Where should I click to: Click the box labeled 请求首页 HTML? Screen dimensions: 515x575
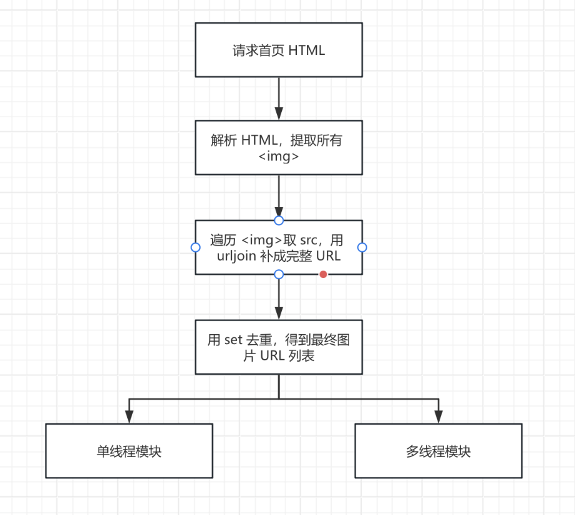279,50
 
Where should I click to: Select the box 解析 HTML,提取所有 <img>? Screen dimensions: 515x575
279,148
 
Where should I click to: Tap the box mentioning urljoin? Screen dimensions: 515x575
279,248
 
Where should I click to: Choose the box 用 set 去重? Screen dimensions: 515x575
279,347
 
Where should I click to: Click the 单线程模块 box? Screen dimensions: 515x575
129,451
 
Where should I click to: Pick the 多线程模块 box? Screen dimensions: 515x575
438,451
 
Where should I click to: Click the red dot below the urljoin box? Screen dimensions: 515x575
323,274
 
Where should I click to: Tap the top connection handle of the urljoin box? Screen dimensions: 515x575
279,220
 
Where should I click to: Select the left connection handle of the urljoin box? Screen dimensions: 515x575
195,248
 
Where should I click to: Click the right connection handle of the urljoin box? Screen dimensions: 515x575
362,248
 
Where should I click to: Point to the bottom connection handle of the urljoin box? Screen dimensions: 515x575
279,274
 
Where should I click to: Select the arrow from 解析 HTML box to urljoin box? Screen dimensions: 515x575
279,196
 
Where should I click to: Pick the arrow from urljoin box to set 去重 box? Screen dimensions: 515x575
279,298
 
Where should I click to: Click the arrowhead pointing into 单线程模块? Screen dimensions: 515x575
129,418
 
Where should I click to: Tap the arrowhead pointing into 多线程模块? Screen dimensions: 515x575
438,418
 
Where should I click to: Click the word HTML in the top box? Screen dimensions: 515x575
307,51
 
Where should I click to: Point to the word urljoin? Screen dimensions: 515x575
236,256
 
